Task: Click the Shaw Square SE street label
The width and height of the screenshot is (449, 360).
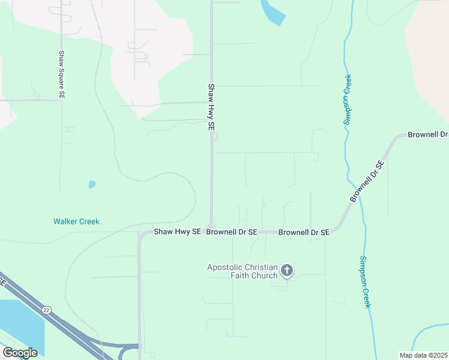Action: (61, 74)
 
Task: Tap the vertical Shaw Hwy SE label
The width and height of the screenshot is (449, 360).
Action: (211, 107)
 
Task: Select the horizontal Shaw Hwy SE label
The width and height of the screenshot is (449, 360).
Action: (177, 232)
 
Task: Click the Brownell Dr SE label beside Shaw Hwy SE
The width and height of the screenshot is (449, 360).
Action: (232, 232)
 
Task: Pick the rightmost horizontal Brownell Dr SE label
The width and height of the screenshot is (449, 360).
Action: (304, 232)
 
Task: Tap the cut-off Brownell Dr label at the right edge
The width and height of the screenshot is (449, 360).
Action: (427, 134)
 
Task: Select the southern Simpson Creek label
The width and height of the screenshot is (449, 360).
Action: (365, 282)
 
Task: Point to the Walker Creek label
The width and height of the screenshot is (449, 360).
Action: (76, 221)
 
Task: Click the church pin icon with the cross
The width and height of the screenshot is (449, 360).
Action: (287, 271)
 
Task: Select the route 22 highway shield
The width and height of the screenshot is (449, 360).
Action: (46, 310)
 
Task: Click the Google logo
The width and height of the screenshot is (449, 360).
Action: (20, 353)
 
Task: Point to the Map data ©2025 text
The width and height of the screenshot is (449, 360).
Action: (423, 355)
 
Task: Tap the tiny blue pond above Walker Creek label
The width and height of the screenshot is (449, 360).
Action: (92, 184)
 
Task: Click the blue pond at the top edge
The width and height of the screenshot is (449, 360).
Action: (273, 12)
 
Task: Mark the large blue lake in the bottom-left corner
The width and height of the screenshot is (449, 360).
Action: (18, 324)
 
